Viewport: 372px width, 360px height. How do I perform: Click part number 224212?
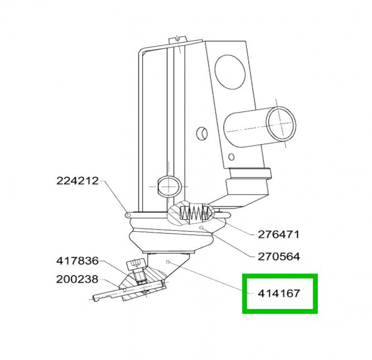(x=77, y=181)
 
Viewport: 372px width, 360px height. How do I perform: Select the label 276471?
(x=279, y=235)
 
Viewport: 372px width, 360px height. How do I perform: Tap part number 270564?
(x=279, y=257)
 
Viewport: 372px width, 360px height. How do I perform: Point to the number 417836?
(x=77, y=261)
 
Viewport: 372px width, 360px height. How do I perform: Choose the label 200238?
(x=77, y=279)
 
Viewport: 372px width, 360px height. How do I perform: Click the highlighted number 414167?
(x=279, y=293)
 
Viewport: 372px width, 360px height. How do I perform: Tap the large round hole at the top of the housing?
(x=230, y=72)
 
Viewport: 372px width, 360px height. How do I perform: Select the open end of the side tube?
(x=281, y=123)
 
